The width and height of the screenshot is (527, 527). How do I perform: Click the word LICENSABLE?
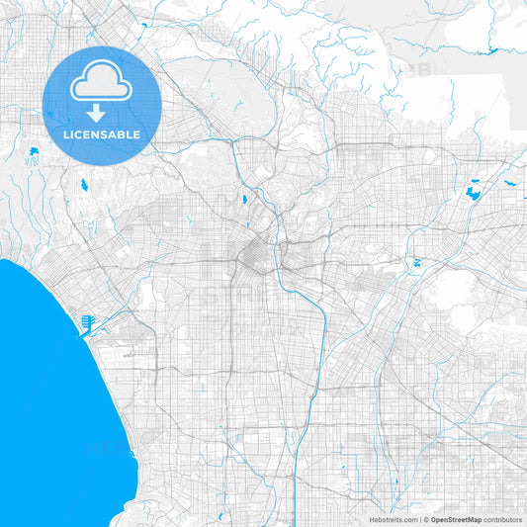[102, 134]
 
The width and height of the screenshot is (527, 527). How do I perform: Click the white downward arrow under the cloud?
[102, 112]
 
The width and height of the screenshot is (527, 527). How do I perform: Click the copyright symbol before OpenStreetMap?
[425, 519]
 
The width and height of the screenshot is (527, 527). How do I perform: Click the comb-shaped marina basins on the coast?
[87, 321]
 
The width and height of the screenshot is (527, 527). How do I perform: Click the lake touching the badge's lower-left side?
[35, 151]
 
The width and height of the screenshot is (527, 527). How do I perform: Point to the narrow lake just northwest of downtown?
[242, 200]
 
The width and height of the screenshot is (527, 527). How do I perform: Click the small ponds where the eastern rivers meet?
[416, 263]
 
